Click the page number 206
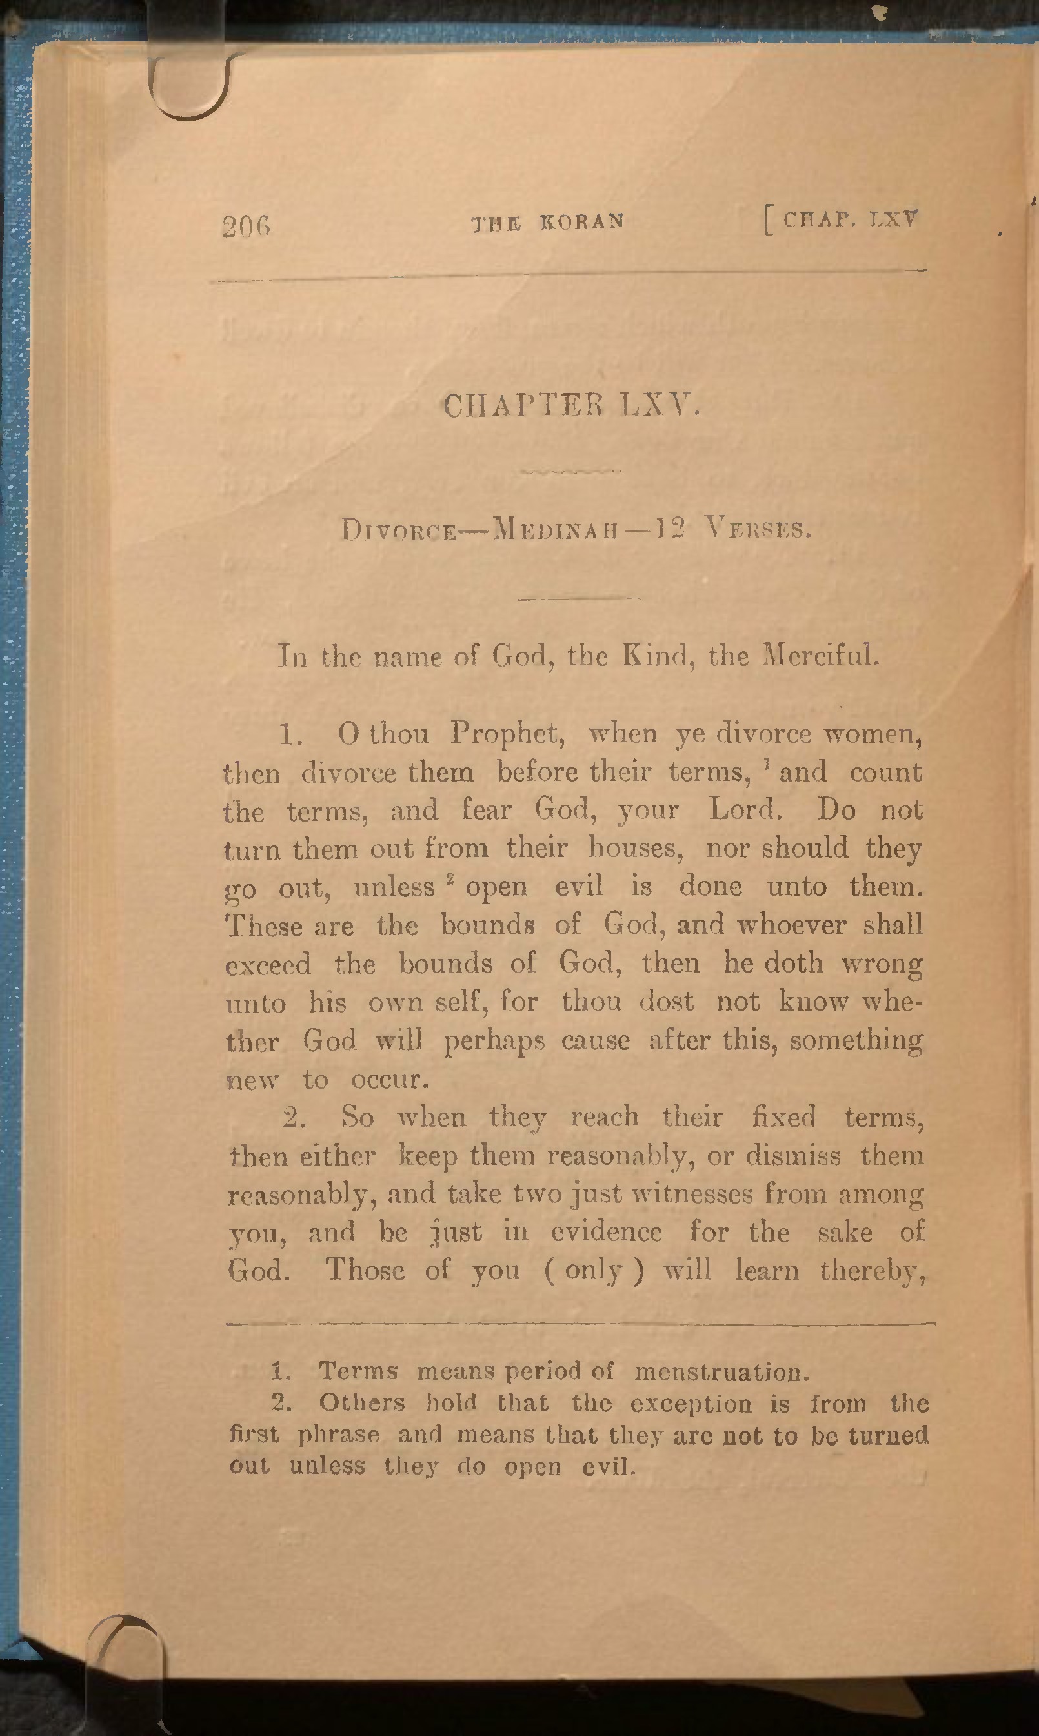click(x=246, y=226)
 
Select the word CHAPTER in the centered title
click(x=523, y=405)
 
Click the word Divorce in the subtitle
click(x=399, y=530)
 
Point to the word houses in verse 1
click(x=635, y=848)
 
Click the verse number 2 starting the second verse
click(x=295, y=1118)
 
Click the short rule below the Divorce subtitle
click(x=579, y=598)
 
